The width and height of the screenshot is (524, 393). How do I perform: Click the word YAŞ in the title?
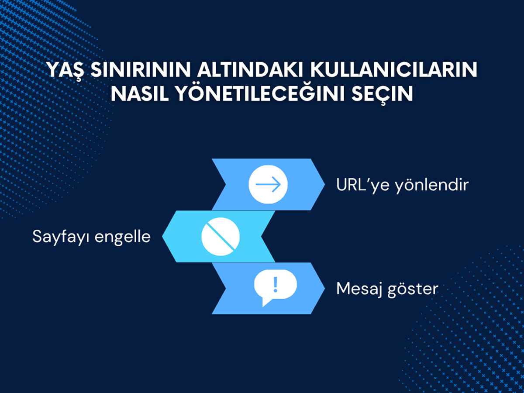(65, 70)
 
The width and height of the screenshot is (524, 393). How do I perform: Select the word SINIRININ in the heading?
(141, 70)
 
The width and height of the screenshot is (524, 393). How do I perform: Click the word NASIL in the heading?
(140, 93)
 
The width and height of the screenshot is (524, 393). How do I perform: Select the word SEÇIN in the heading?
(382, 95)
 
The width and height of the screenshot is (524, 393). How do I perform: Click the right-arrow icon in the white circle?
(268, 184)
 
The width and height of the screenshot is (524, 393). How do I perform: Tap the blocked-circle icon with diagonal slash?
(221, 237)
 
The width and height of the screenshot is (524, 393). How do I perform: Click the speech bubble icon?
(275, 287)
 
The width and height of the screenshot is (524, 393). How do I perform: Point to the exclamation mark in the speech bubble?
(276, 284)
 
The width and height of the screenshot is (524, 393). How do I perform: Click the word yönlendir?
(431, 185)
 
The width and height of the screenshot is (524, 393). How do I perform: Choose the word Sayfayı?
(61, 237)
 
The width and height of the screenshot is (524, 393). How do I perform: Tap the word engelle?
(123, 237)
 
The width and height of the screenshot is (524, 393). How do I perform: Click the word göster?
(413, 290)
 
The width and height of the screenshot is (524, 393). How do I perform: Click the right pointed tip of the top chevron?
(325, 184)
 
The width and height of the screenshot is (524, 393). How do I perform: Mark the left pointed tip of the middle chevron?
(162, 237)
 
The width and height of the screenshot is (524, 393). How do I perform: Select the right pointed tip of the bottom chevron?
(325, 288)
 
